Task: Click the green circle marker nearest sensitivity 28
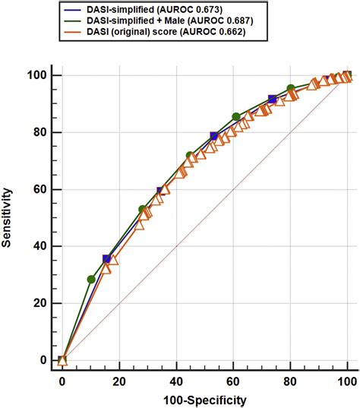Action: click(92, 280)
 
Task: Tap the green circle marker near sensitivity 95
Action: click(290, 89)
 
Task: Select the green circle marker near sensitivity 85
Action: click(236, 117)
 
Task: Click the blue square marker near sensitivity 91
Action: click(273, 100)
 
